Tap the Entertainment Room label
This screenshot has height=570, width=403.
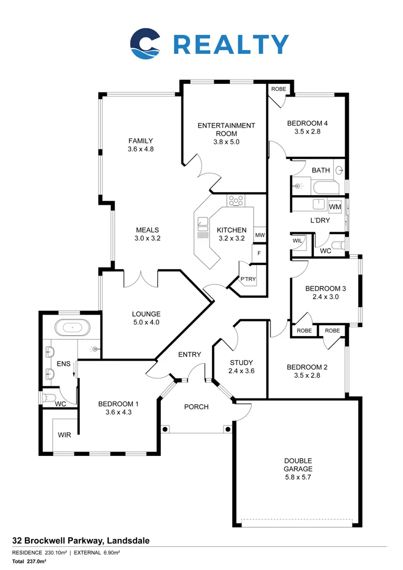[x=226, y=130]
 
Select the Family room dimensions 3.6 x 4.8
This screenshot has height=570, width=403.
[x=140, y=149]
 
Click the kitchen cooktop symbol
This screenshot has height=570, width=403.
[x=236, y=201]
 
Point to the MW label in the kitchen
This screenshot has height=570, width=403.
[x=260, y=235]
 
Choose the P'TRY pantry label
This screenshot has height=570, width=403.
[x=247, y=279]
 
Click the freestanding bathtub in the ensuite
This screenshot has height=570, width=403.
[x=72, y=328]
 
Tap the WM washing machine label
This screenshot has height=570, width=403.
[x=334, y=206]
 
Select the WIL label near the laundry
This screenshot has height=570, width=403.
[x=297, y=241]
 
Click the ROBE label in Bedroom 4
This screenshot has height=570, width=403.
[x=278, y=89]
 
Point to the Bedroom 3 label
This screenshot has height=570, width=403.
[x=325, y=288]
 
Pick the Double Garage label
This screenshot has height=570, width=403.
[x=298, y=464]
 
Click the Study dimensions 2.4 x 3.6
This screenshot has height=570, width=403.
[x=242, y=371]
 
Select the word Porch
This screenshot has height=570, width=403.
[x=196, y=407]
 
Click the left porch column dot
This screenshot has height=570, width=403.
[x=165, y=429]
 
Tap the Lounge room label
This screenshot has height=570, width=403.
[x=146, y=314]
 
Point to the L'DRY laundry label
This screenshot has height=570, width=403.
[x=320, y=220]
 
